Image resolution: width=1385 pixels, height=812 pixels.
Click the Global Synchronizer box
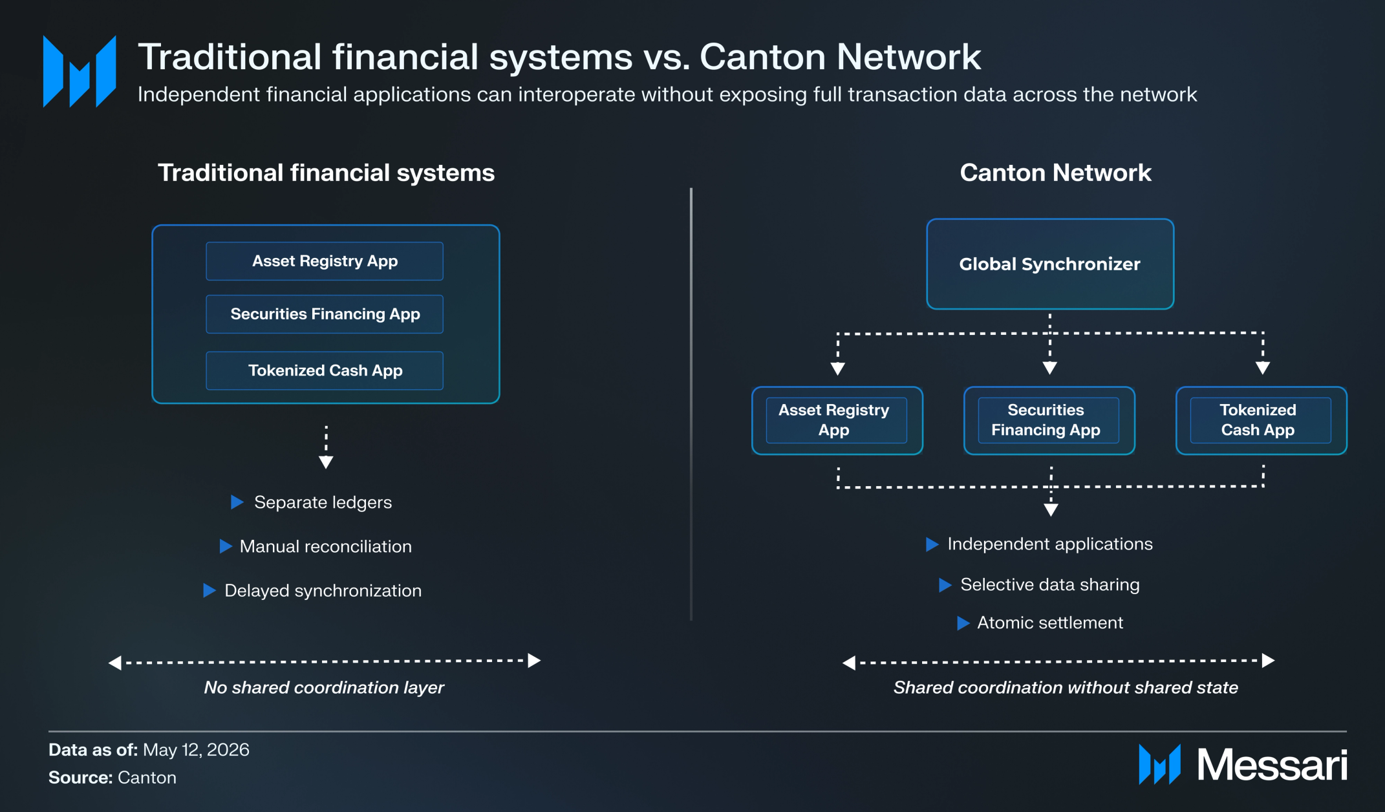[1050, 264]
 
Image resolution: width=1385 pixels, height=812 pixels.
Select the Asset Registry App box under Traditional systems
[325, 261]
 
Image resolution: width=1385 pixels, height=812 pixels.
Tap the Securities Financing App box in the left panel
[325, 314]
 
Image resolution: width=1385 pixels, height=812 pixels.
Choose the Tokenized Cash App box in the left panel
[325, 370]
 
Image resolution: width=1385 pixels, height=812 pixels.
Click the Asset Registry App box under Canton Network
[837, 420]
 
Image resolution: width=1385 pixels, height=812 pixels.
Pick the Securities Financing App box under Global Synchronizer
[1049, 420]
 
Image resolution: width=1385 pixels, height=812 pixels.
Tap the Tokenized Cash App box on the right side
[1262, 420]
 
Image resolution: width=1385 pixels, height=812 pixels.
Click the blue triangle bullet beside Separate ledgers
[237, 502]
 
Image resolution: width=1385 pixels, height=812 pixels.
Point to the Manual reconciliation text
[326, 546]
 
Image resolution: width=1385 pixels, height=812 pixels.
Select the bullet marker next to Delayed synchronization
[209, 590]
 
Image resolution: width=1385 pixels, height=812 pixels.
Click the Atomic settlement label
[1050, 623]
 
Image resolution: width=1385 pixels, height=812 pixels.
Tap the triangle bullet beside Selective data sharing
[945, 585]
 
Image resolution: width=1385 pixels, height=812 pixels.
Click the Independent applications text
[1050, 544]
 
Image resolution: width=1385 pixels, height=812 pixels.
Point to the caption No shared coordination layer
[324, 687]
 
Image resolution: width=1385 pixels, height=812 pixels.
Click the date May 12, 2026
[196, 750]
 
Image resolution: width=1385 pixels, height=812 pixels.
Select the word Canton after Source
[147, 777]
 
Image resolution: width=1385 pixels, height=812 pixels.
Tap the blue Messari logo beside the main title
[80, 71]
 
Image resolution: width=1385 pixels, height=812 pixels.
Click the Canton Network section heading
[1055, 173]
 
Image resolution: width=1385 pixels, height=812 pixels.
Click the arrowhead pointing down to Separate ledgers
[326, 462]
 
